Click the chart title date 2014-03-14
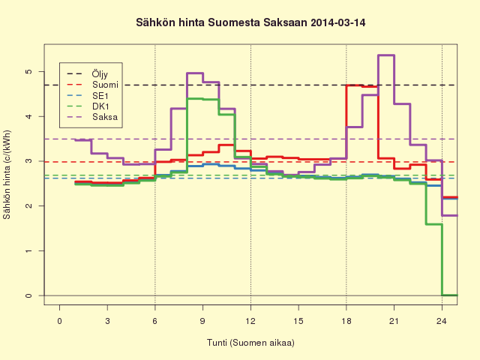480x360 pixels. pyautogui.click(x=337, y=22)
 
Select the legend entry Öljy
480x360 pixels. pyautogui.click(x=100, y=74)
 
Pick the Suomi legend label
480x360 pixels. pyautogui.click(x=105, y=85)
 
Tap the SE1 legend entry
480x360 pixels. pyautogui.click(x=100, y=96)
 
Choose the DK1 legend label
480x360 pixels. pyautogui.click(x=100, y=106)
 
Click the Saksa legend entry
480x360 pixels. pyautogui.click(x=105, y=117)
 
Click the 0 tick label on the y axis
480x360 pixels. pyautogui.click(x=28, y=295)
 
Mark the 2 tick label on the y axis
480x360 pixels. pyautogui.click(x=28, y=206)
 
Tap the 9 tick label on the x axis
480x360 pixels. pyautogui.click(x=202, y=321)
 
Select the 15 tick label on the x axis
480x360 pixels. pyautogui.click(x=298, y=321)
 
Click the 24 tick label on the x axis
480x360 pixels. pyautogui.click(x=442, y=321)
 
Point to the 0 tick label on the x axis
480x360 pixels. pyautogui.click(x=59, y=321)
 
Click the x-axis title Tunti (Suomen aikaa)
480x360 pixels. pyautogui.click(x=250, y=343)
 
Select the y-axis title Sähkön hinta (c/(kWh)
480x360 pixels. pyautogui.click(x=7, y=175)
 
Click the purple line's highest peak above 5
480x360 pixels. pyautogui.click(x=386, y=55)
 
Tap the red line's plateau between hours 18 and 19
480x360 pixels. pyautogui.click(x=354, y=85)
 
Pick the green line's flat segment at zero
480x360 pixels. pyautogui.click(x=450, y=295)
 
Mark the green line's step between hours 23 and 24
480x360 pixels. pyautogui.click(x=433, y=224)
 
